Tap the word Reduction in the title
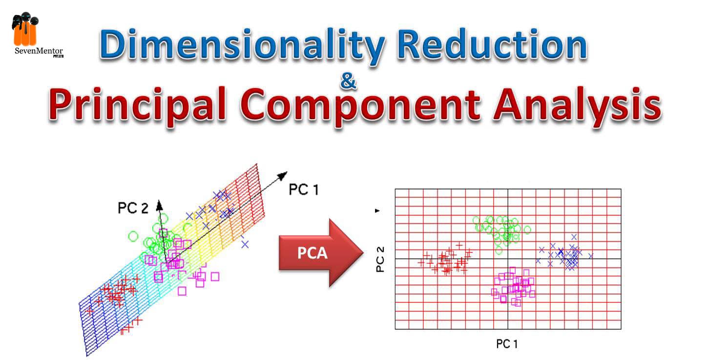point(492,44)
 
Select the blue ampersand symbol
point(349,81)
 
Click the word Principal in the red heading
point(138,105)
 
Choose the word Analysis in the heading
point(578,105)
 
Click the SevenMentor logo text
point(39,51)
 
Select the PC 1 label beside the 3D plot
point(304,190)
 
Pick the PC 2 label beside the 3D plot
point(133,208)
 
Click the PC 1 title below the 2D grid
point(507,344)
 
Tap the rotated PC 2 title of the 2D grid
point(380,259)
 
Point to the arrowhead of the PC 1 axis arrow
point(282,176)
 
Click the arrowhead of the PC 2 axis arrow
point(160,205)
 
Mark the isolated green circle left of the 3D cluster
point(133,236)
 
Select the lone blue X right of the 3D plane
point(245,244)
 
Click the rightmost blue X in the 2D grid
point(590,256)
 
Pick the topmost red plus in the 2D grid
point(459,245)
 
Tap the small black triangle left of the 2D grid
point(377,211)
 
